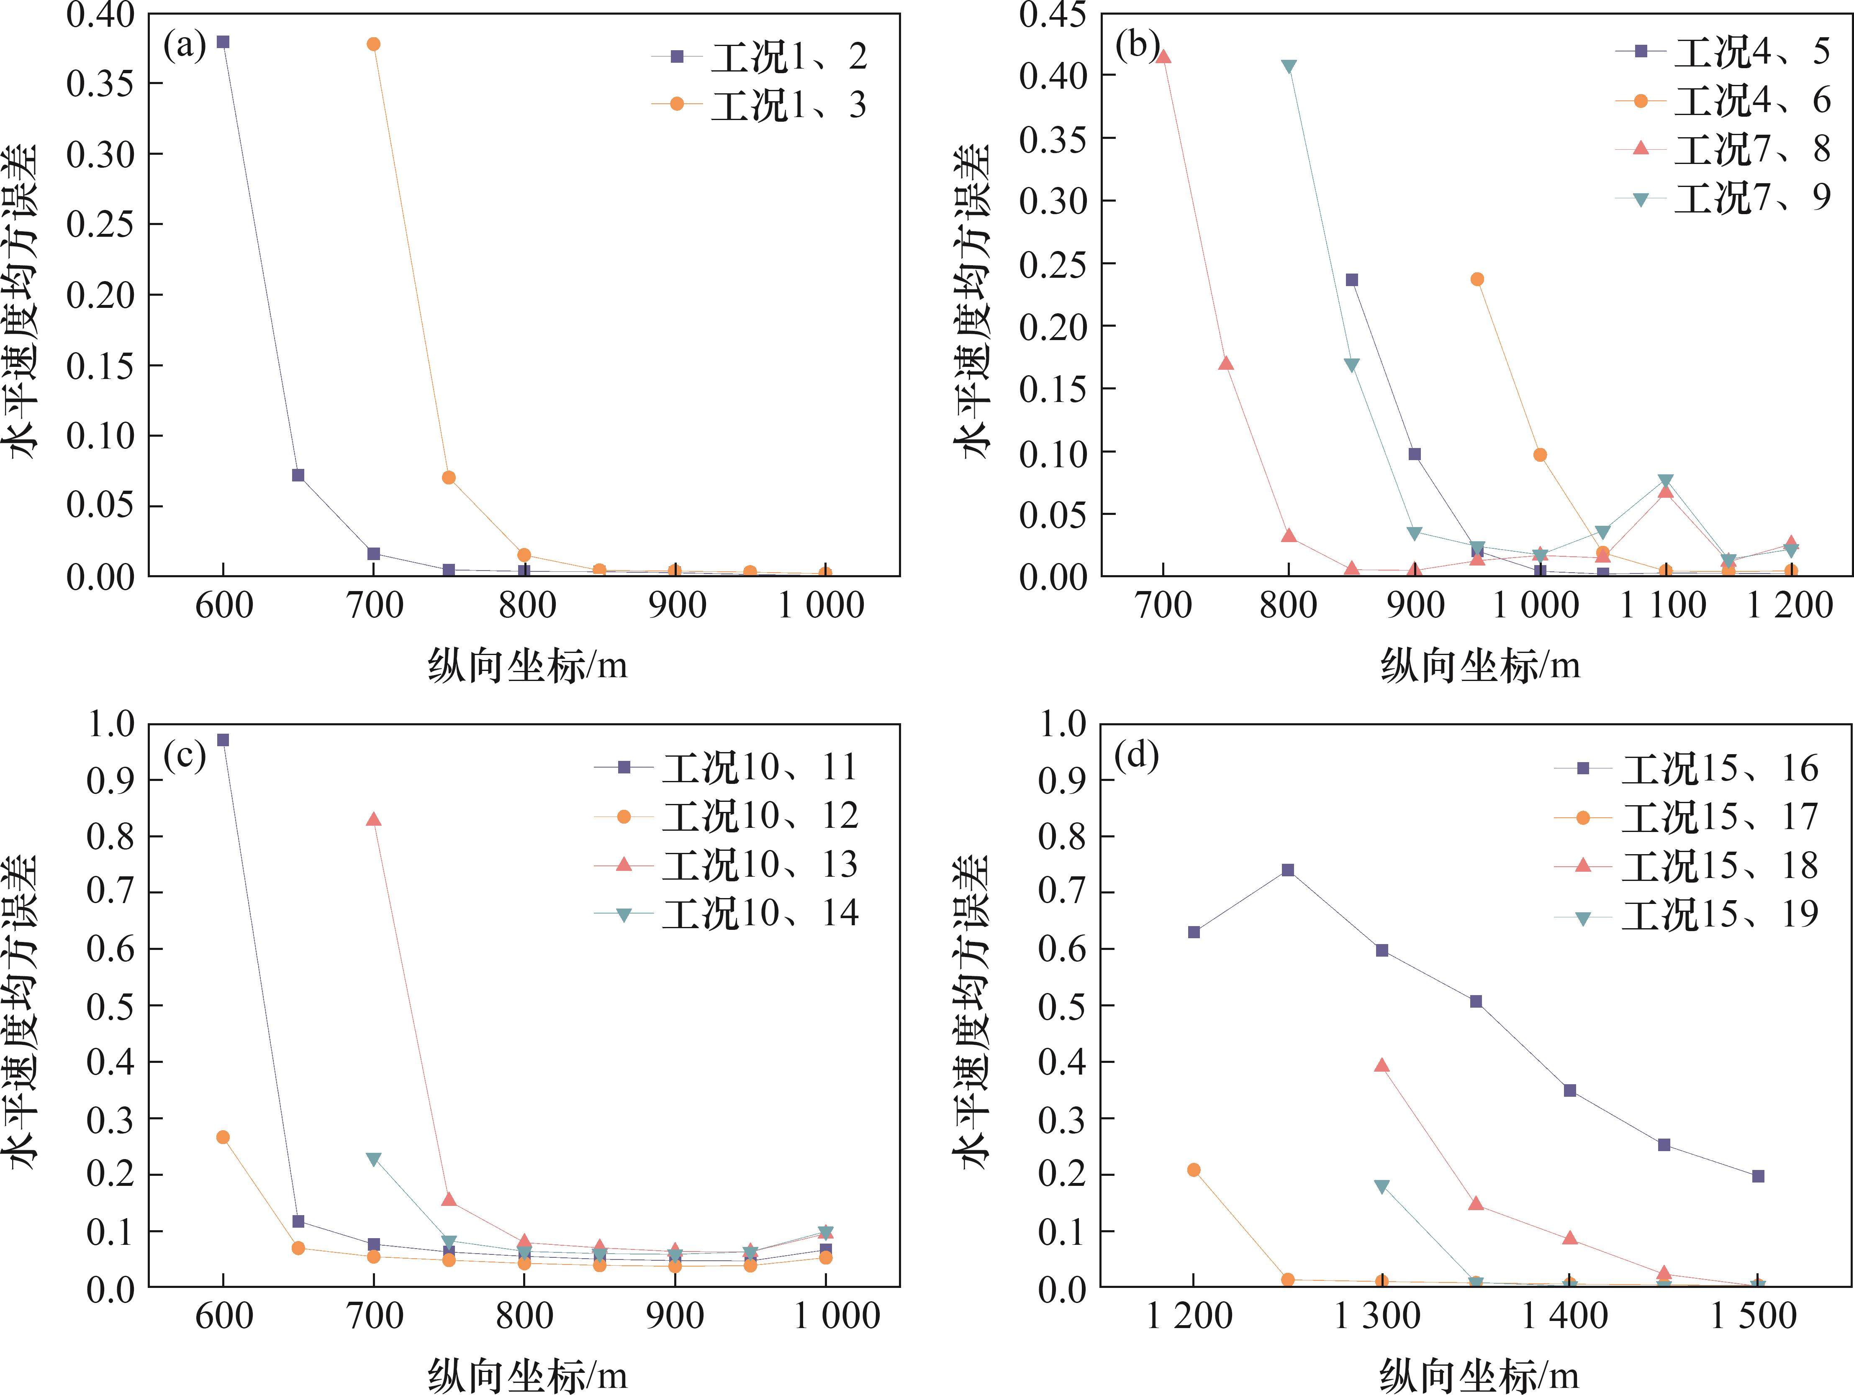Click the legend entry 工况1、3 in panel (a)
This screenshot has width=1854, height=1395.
click(x=788, y=105)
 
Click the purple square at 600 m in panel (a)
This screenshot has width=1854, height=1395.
click(x=223, y=42)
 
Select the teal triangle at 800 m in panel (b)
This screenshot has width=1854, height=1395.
click(x=1289, y=67)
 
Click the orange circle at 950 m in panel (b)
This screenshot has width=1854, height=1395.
click(x=1477, y=279)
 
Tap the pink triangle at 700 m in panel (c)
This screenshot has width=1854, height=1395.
click(x=374, y=819)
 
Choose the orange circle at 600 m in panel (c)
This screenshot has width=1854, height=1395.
click(x=223, y=1137)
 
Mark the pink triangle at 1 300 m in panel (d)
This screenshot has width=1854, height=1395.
click(x=1382, y=1066)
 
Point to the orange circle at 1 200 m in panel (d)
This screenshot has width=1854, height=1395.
click(x=1194, y=1170)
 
